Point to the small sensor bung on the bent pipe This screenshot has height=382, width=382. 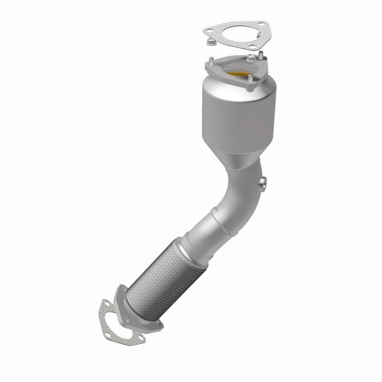tap(262, 182)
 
